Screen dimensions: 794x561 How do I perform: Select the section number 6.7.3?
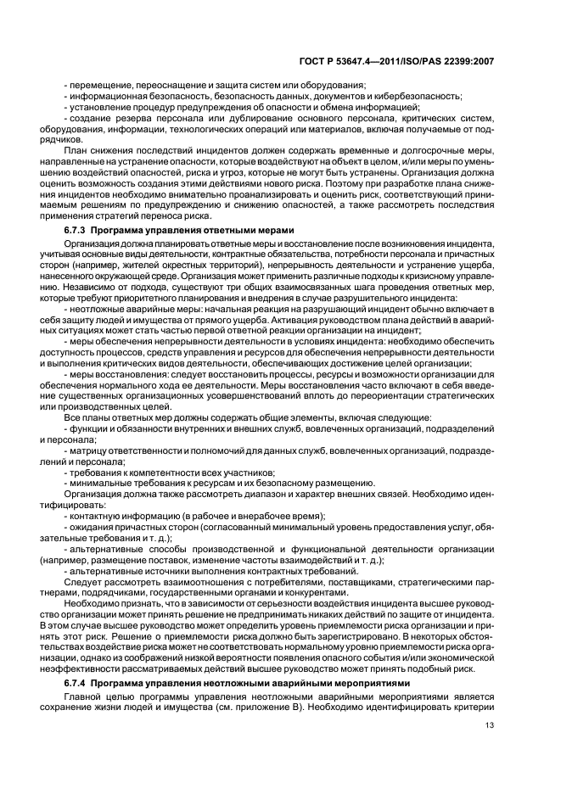76,206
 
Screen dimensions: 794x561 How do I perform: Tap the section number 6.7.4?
76,683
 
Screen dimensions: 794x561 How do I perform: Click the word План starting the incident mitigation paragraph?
76,151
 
